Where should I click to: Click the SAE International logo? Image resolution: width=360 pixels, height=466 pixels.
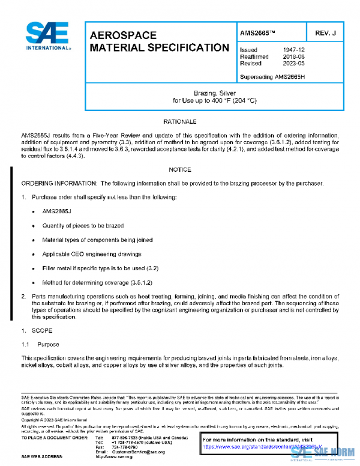[46, 37]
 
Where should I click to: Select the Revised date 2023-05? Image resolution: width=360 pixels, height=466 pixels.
[292, 63]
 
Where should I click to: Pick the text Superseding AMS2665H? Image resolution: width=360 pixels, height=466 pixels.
[272, 77]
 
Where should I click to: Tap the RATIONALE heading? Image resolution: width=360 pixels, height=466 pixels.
[179, 122]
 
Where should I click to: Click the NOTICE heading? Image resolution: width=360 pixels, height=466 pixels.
[179, 170]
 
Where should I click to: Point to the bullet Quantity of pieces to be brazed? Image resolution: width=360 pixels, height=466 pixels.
[82, 226]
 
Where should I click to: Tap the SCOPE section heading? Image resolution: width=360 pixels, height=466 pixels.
[42, 330]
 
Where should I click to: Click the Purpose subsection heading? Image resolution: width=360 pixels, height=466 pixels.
[48, 344]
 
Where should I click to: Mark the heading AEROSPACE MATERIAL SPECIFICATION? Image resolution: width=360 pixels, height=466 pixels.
[158, 41]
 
